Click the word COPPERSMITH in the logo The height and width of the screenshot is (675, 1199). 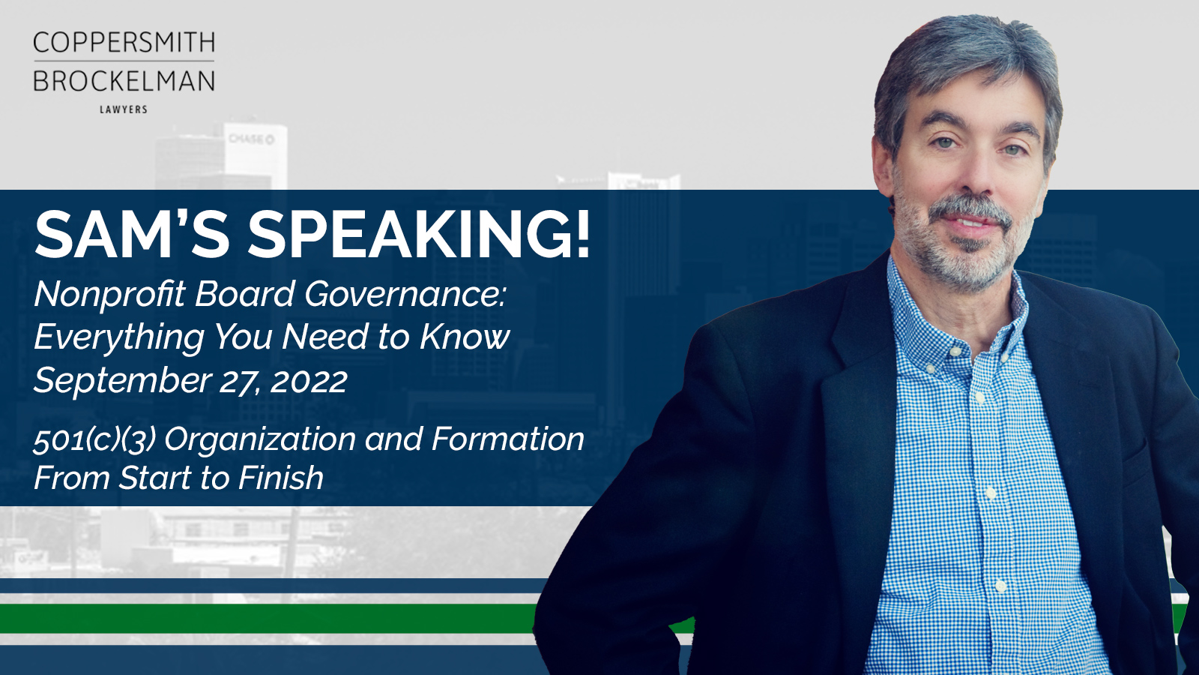pyautogui.click(x=124, y=42)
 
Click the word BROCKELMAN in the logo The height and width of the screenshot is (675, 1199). pyautogui.click(x=124, y=82)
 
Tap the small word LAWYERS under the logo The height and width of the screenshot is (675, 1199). pyautogui.click(x=124, y=109)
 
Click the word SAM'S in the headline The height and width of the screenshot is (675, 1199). pyautogui.click(x=132, y=234)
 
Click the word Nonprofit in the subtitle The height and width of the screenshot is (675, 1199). pyautogui.click(x=109, y=295)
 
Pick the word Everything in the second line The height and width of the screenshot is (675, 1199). pyautogui.click(x=119, y=337)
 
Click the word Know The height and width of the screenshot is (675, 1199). pyautogui.click(x=465, y=337)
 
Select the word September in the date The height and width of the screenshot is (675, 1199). pyautogui.click(x=123, y=380)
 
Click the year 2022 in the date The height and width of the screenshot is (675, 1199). pyautogui.click(x=309, y=381)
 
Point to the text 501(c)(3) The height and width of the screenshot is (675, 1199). pyautogui.click(x=94, y=439)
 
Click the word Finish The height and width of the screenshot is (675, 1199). pyautogui.click(x=281, y=477)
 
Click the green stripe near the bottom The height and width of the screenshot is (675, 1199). pyautogui.click(x=268, y=619)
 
